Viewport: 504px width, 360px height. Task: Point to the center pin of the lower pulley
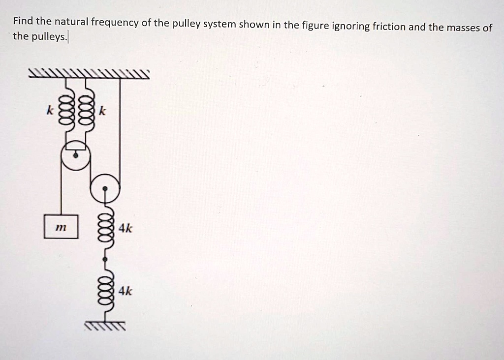pos(105,187)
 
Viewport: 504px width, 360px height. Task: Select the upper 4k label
pos(126,228)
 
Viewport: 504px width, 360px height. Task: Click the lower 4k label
pos(126,291)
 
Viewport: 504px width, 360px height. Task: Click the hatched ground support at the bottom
pos(105,326)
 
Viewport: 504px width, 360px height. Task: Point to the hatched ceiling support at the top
pos(89,74)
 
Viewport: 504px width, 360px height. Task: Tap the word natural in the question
pos(71,21)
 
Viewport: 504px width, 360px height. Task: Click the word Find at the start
pos(22,21)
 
